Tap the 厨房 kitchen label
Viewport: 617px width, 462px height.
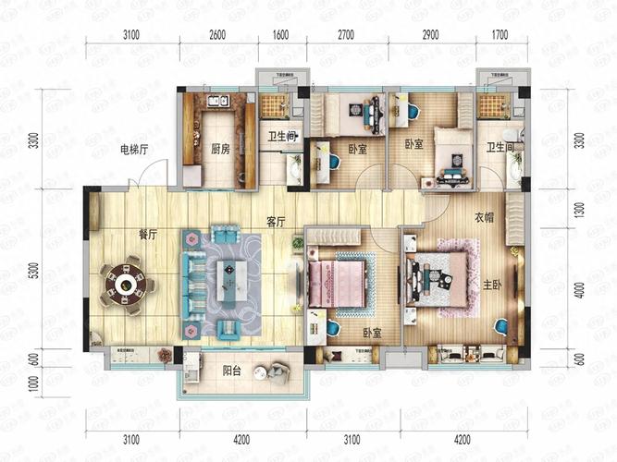[220, 149]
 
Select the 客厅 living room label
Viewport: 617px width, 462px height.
[275, 223]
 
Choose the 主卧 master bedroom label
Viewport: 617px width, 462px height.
[490, 286]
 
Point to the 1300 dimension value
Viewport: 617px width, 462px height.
[579, 211]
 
